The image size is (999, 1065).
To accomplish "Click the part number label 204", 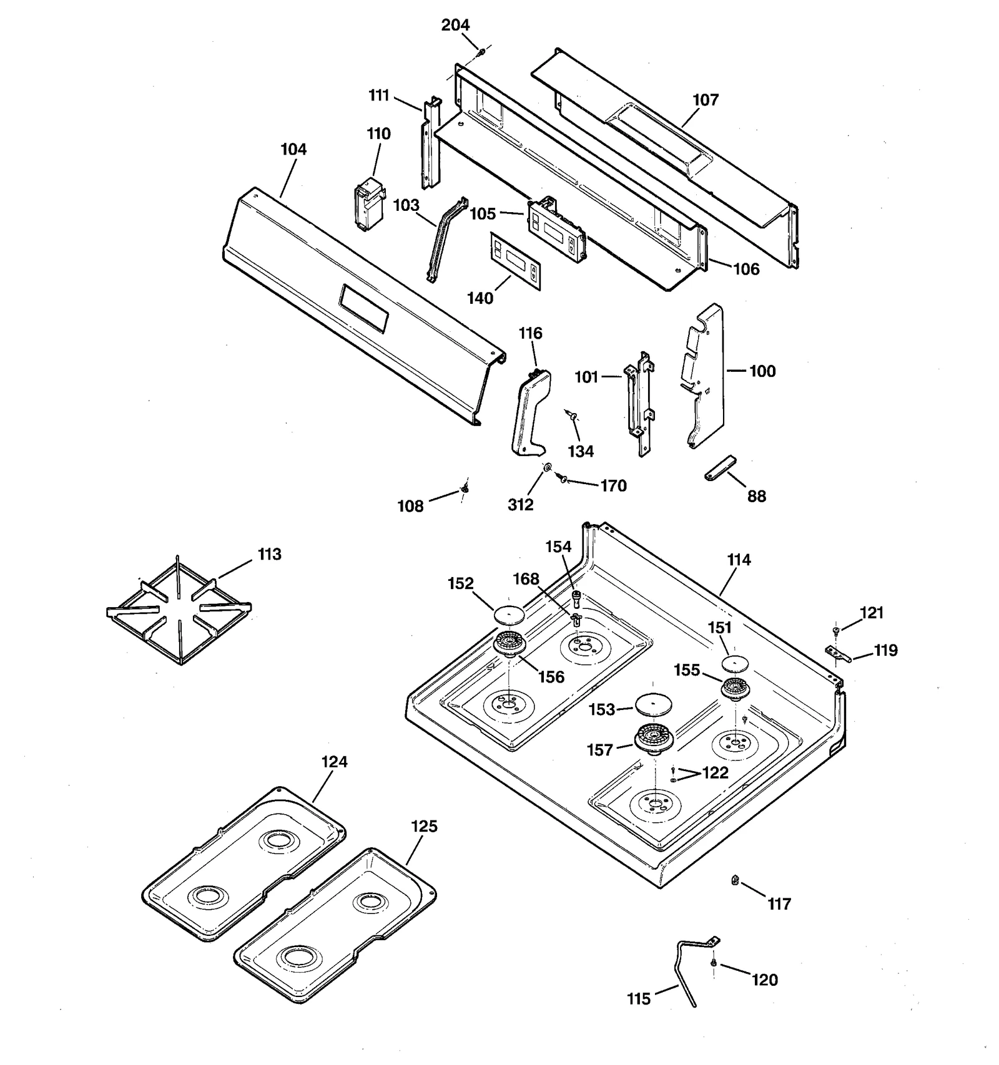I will point(455,25).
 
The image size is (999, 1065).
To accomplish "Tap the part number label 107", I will point(706,100).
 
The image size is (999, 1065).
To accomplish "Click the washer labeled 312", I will point(547,468).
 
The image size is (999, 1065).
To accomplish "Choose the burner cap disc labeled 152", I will point(509,615).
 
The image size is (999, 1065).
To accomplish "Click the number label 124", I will point(335,762).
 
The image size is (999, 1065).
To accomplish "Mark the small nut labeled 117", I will point(735,880).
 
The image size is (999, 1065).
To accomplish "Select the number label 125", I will point(424,826).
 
